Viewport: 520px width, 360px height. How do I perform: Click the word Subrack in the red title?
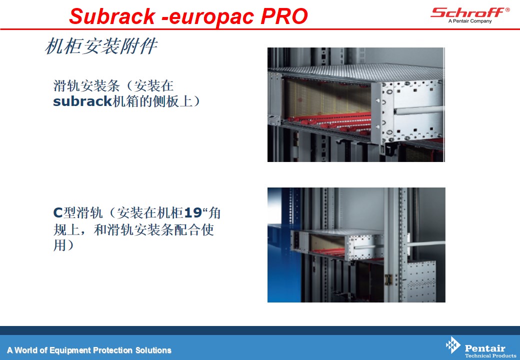pyautogui.click(x=112, y=16)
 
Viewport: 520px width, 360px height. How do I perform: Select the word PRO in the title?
pyautogui.click(x=284, y=16)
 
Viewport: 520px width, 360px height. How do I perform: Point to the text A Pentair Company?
pyautogui.click(x=470, y=21)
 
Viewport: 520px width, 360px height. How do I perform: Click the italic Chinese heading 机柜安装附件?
pyautogui.click(x=101, y=45)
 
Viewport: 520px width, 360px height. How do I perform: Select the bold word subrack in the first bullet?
pyautogui.click(x=82, y=101)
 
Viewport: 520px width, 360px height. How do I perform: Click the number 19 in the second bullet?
pyautogui.click(x=192, y=212)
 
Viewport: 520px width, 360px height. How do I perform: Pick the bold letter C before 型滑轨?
pyautogui.click(x=57, y=212)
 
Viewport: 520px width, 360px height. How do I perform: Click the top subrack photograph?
pyautogui.click(x=356, y=105)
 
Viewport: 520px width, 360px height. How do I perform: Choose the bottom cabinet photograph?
pyautogui.click(x=356, y=245)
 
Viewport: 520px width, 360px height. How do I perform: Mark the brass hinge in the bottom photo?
pyautogui.click(x=388, y=279)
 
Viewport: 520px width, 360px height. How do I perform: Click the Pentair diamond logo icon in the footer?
pyautogui.click(x=453, y=345)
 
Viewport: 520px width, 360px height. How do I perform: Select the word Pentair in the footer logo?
pyautogui.click(x=485, y=348)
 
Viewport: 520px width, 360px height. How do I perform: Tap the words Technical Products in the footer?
pyautogui.click(x=490, y=355)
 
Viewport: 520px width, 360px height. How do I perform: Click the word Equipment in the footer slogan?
pyautogui.click(x=70, y=350)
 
